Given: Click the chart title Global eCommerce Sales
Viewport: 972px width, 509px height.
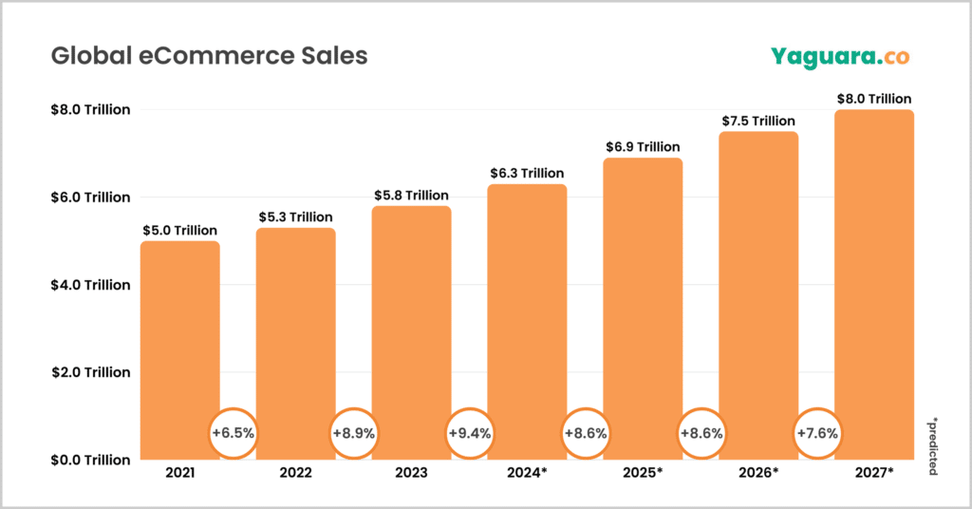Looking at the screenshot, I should pyautogui.click(x=209, y=56).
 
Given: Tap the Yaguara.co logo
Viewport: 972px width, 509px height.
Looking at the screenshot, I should pyautogui.click(x=840, y=57).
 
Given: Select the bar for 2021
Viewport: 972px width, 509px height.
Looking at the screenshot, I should pyautogui.click(x=180, y=342).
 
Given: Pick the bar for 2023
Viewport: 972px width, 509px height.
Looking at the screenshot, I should pyautogui.click(x=411, y=323).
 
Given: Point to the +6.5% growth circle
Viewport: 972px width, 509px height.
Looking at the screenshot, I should pyautogui.click(x=234, y=433).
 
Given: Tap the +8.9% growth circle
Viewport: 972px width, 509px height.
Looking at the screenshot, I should pyautogui.click(x=353, y=433).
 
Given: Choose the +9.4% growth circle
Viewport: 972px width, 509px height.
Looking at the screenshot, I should pyautogui.click(x=469, y=433).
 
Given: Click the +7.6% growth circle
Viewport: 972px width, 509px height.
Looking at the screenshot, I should pyautogui.click(x=816, y=433).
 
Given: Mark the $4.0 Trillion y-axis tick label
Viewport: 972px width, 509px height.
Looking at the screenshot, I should pyautogui.click(x=90, y=285).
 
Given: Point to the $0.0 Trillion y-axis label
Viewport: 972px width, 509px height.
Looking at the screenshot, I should pyautogui.click(x=90, y=460).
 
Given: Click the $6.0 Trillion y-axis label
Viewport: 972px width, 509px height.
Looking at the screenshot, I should pyautogui.click(x=90, y=198).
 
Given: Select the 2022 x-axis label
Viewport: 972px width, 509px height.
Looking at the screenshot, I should pyautogui.click(x=295, y=472).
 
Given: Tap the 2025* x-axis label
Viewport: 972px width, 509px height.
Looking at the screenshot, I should pyautogui.click(x=643, y=472).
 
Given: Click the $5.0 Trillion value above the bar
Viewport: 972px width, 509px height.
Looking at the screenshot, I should pyautogui.click(x=180, y=230).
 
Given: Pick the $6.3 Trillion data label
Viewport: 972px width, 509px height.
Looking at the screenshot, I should pyautogui.click(x=527, y=173).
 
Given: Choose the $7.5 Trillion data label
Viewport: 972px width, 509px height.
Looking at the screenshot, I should pyautogui.click(x=758, y=121).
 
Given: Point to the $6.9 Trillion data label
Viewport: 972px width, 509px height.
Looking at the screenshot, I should pyautogui.click(x=643, y=147).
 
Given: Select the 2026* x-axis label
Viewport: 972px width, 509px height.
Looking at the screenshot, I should pyautogui.click(x=758, y=472).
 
